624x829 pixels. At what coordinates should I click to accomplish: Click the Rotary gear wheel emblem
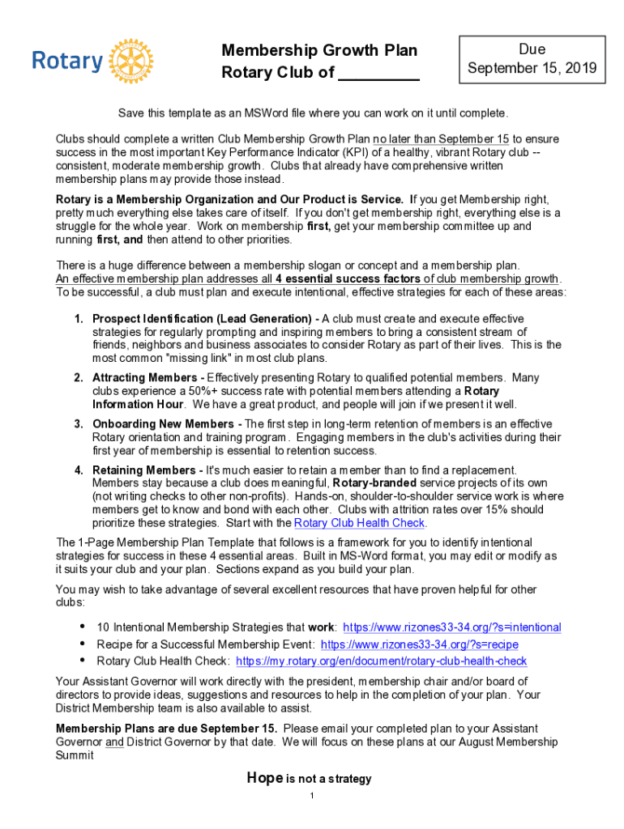(x=130, y=61)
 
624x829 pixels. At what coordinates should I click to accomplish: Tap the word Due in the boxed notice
(x=532, y=49)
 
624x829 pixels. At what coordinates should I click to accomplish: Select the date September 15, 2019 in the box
(x=532, y=69)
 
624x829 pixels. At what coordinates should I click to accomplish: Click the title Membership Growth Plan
(x=319, y=51)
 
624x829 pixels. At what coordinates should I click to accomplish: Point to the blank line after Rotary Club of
(x=378, y=74)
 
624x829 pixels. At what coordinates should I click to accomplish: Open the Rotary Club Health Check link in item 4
(x=360, y=523)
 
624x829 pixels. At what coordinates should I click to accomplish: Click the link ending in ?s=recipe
(x=420, y=644)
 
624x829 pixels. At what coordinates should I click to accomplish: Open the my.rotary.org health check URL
(x=381, y=661)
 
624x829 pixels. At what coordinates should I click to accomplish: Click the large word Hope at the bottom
(x=264, y=778)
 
